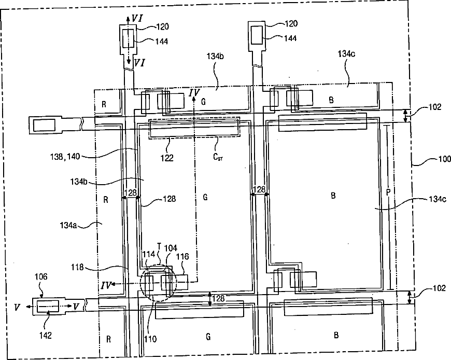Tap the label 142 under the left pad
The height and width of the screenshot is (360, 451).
tap(45, 336)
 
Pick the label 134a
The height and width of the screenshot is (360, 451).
tap(70, 224)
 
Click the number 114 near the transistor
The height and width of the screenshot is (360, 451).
tap(148, 255)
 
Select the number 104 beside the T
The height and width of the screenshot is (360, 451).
tap(171, 248)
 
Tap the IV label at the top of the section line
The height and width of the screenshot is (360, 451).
tap(194, 92)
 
